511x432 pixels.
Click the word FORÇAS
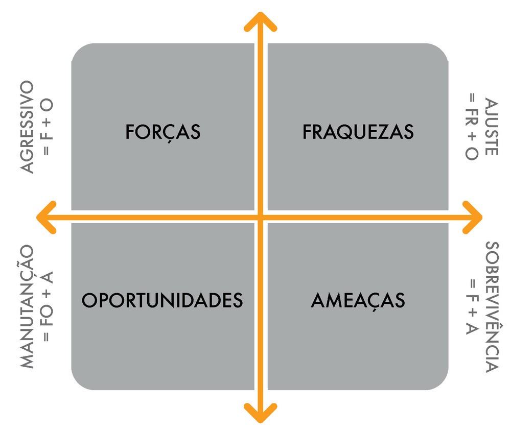[163, 132]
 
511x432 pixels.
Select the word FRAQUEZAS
[358, 132]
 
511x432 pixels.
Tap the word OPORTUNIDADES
[162, 300]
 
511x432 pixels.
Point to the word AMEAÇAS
[358, 300]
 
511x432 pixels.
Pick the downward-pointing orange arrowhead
[261, 414]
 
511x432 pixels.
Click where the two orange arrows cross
[261, 217]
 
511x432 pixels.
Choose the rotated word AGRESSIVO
[27, 126]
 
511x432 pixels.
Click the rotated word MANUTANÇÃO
[27, 306]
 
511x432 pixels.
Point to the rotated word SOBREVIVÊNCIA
[491, 306]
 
